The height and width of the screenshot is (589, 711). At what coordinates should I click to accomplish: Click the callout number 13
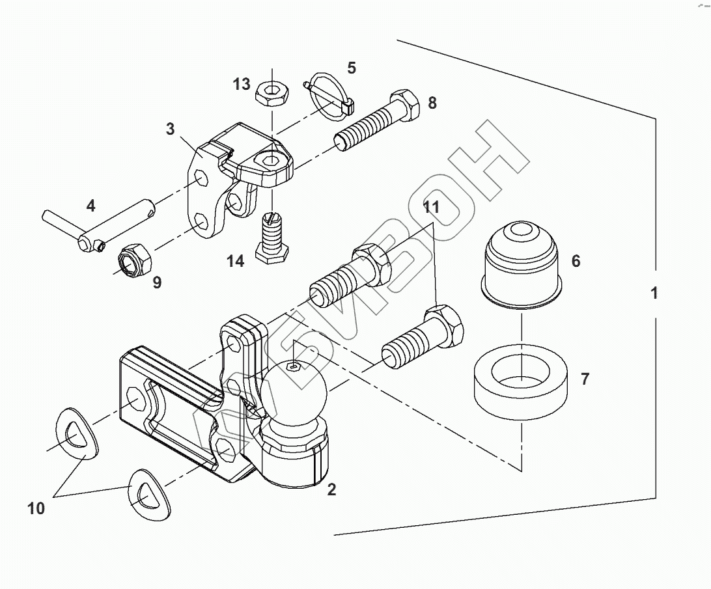click(242, 84)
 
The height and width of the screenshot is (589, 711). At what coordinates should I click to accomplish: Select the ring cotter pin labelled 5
click(328, 95)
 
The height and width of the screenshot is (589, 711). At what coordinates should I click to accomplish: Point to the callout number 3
click(170, 129)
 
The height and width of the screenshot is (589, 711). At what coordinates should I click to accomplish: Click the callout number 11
click(431, 208)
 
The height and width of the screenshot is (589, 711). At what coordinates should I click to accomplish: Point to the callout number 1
click(654, 293)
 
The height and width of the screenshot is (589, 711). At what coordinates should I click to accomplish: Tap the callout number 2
click(331, 489)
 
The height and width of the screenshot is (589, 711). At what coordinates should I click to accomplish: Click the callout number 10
click(36, 508)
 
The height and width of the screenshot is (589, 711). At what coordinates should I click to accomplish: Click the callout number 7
click(585, 379)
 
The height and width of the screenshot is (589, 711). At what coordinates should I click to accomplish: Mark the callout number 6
click(576, 262)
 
